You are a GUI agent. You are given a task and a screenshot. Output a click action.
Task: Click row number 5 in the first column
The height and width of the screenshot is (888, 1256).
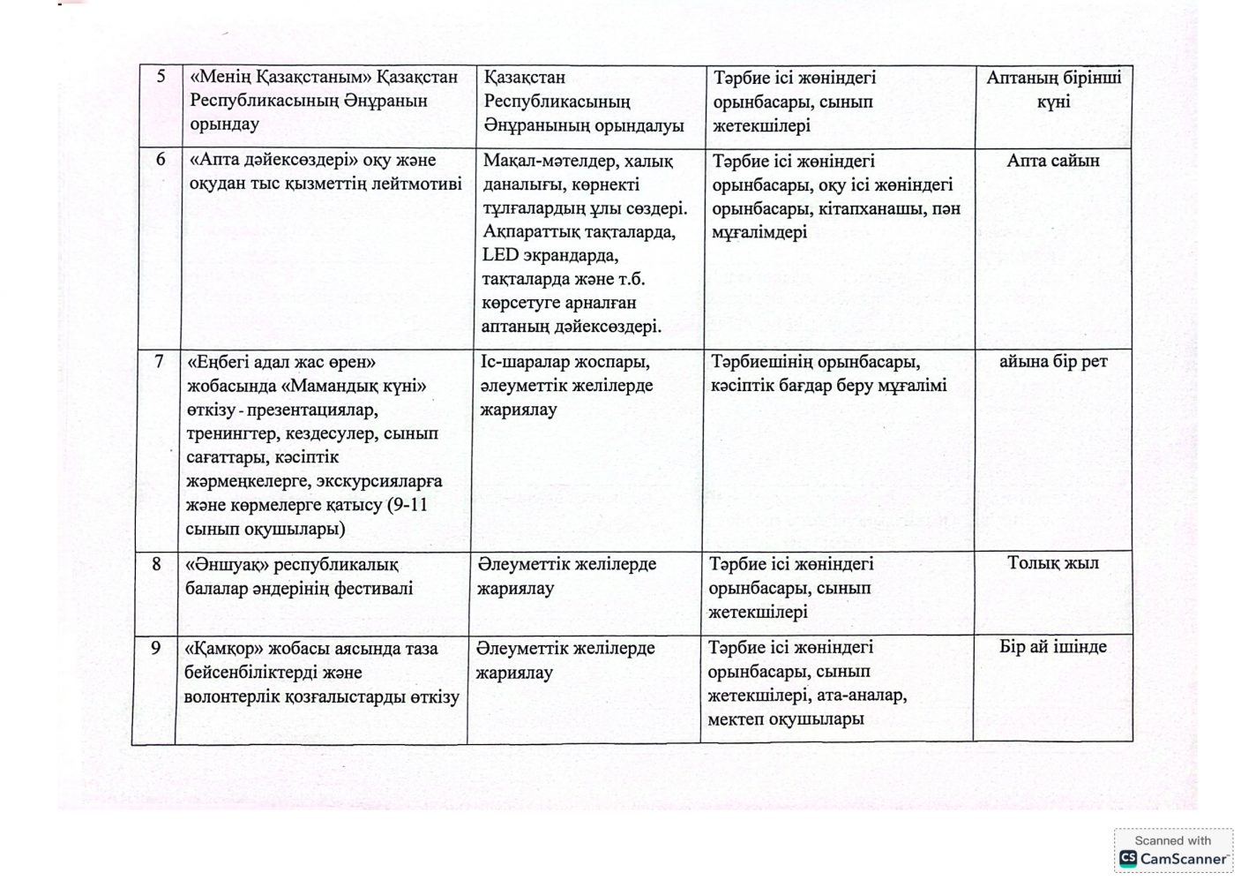click(161, 77)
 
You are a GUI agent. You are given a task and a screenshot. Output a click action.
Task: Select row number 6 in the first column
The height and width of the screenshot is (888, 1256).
click(161, 160)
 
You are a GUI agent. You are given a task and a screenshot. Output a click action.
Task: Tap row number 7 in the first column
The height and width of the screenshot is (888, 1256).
click(159, 361)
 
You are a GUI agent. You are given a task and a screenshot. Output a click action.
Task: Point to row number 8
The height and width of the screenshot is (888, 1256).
click(157, 563)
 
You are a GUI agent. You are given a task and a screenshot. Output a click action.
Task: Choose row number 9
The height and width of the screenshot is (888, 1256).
click(155, 648)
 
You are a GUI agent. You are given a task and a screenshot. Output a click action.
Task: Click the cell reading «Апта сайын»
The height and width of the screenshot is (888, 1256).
click(1053, 161)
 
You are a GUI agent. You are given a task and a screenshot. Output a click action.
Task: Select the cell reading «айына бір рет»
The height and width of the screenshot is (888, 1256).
click(1053, 361)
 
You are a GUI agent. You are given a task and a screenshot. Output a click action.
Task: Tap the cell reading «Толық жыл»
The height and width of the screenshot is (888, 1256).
click(1053, 562)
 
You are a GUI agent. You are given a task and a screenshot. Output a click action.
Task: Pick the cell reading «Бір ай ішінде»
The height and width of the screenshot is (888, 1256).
click(1053, 646)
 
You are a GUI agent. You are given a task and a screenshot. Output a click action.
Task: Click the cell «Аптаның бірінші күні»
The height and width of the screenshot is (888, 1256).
click(1053, 89)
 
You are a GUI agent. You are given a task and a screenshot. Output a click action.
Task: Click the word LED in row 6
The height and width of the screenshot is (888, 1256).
click(500, 255)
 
